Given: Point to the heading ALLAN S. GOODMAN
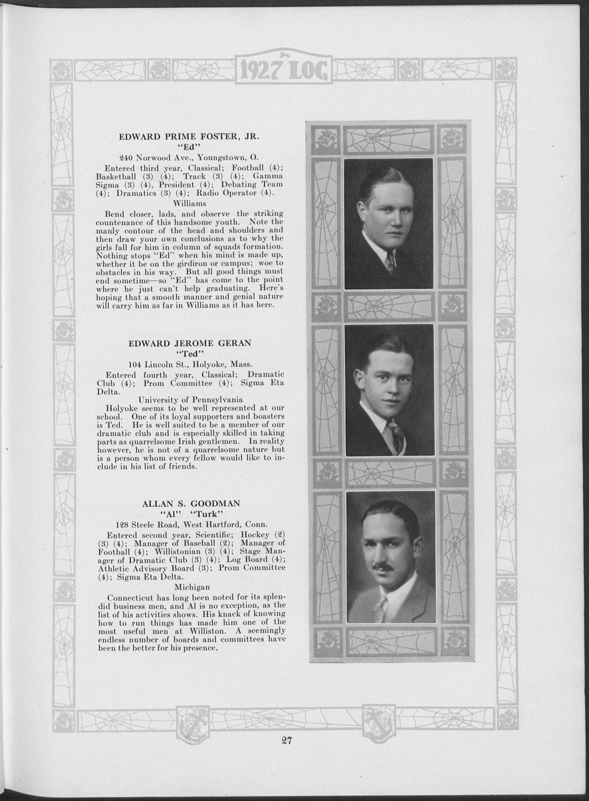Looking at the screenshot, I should point(191,503).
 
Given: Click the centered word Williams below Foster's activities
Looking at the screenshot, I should point(190,203).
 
